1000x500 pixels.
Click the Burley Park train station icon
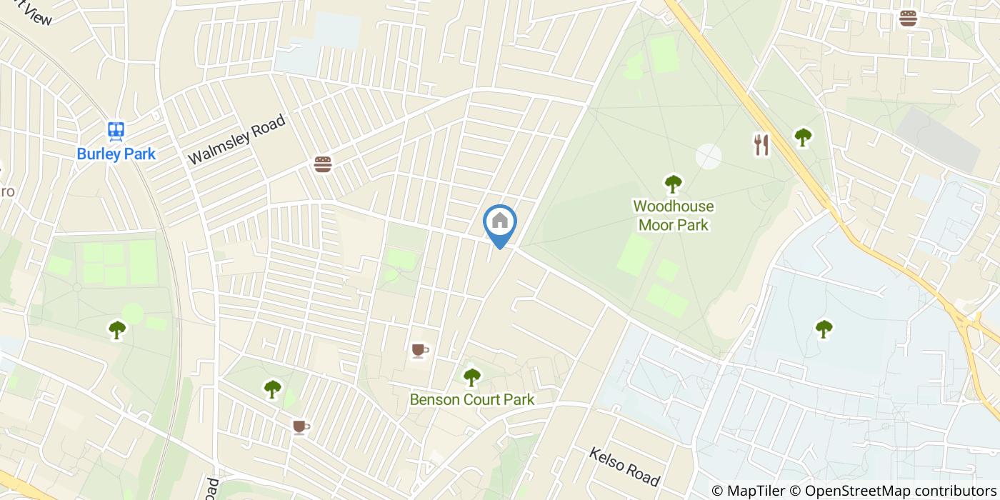[x=116, y=131]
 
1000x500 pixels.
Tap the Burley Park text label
[x=116, y=154]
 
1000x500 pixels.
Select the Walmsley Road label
[x=236, y=139]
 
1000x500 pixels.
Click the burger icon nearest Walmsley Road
[x=323, y=165]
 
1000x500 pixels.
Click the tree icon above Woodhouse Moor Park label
[x=673, y=184]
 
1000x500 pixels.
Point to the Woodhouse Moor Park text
[x=673, y=216]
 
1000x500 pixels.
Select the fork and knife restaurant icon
[x=761, y=145]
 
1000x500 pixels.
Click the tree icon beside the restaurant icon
[x=803, y=136]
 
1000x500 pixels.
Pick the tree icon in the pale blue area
[x=824, y=329]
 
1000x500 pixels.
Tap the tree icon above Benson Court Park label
[x=471, y=376]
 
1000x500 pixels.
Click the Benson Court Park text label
[x=471, y=399]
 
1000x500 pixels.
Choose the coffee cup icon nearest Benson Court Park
[x=419, y=350]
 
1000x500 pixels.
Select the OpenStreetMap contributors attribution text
[x=899, y=491]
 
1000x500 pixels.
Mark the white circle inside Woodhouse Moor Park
[x=708, y=156]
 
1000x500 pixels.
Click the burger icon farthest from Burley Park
[x=908, y=18]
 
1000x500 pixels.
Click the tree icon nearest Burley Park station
[x=116, y=329]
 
